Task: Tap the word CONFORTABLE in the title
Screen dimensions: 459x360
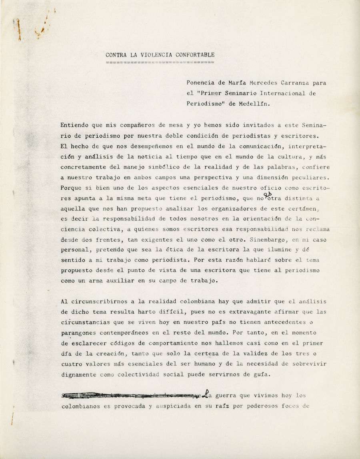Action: (195, 55)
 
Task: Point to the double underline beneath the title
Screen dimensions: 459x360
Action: (160, 62)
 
